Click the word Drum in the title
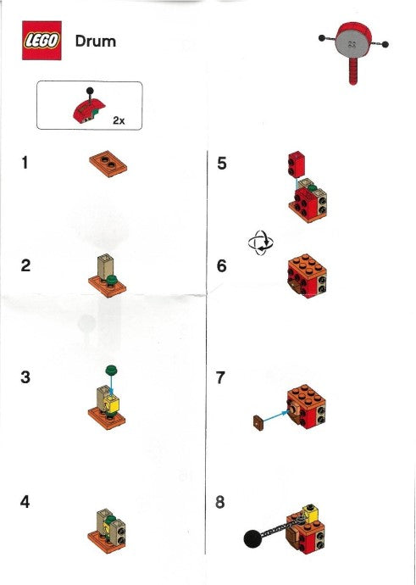[96, 41]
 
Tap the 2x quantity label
[118, 120]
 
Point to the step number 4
[25, 501]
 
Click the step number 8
[221, 501]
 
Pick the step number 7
[221, 377]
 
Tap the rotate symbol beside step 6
[260, 243]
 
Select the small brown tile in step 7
[258, 420]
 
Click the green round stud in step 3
[109, 369]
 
